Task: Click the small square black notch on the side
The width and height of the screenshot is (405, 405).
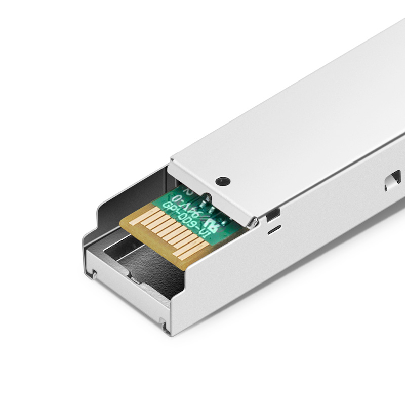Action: point(273,214)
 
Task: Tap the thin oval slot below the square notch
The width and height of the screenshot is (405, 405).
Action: point(274,230)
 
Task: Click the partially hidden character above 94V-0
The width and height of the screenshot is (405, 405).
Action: point(189,192)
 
